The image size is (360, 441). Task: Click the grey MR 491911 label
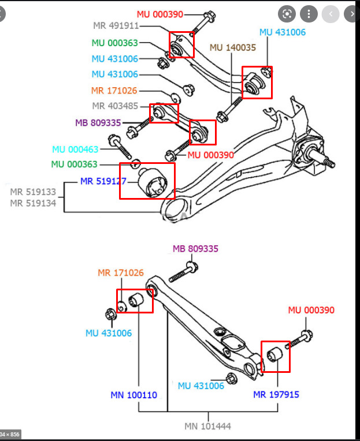coord(116,26)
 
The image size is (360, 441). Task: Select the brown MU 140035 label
coord(232,47)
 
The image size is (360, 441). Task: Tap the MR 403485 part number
coord(115,106)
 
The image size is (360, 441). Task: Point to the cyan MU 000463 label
coord(75,150)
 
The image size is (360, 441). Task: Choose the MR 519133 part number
coord(33,192)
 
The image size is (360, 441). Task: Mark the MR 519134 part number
coord(33,203)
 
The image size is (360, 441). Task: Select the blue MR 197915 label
coord(276,395)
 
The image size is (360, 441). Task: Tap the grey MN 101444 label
coord(208,427)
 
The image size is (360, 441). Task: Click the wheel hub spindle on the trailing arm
coord(324,162)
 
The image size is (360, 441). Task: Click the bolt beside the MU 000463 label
coord(121,147)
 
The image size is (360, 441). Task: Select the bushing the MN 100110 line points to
coord(137,300)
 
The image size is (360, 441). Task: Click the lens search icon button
coord(287,13)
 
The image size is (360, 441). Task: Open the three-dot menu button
coord(310,13)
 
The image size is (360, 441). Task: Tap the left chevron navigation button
coord(331,13)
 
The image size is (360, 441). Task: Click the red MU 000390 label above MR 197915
coord(311,311)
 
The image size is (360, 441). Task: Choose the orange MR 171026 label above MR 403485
coord(114,91)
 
